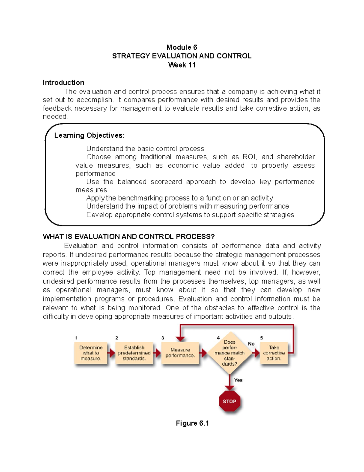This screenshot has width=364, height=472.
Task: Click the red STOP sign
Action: coord(229,401)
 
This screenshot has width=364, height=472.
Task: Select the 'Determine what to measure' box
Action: coord(91,353)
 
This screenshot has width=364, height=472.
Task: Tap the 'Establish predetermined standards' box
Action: coord(134,353)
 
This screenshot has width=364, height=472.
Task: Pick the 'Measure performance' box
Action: coord(180,353)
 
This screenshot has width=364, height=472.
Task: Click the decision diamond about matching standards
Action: coord(230,353)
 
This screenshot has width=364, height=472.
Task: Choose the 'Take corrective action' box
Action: coord(274,353)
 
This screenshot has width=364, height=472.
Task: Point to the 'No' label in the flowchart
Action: coord(251,344)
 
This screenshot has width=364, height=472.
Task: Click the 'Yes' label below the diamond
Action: coord(238,380)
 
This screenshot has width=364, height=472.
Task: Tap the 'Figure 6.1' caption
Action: coord(192,423)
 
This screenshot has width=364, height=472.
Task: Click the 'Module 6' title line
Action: coord(182,47)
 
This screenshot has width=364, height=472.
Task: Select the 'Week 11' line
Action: coord(182,65)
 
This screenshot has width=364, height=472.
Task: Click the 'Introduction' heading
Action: coord(63,83)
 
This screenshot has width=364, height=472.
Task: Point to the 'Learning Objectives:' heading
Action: coord(89,136)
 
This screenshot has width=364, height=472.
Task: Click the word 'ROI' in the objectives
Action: coord(250,157)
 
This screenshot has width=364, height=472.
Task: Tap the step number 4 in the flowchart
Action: coord(218,338)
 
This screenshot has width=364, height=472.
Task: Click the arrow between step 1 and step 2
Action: coord(112,353)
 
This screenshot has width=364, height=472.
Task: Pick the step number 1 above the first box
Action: coord(76,338)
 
